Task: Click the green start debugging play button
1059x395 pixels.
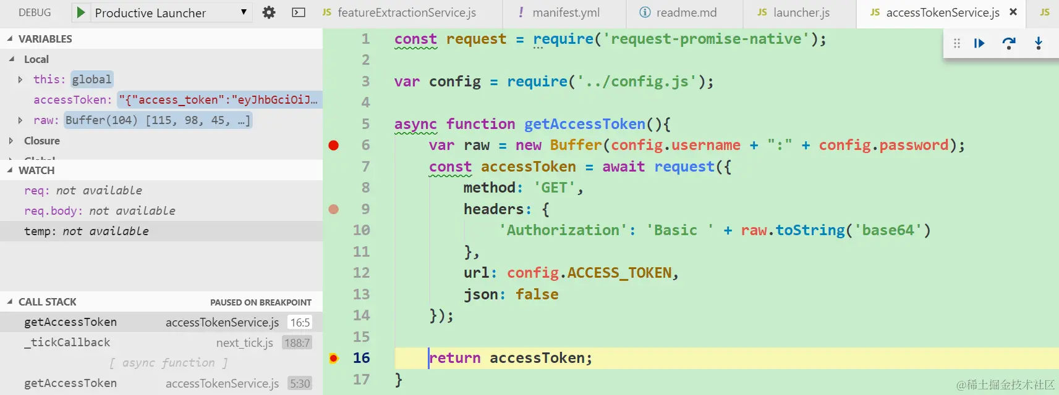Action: point(80,12)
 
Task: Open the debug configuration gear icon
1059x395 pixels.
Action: point(269,12)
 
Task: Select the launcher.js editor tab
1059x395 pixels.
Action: point(794,12)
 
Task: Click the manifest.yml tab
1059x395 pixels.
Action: point(559,12)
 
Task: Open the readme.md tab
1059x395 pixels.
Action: point(678,12)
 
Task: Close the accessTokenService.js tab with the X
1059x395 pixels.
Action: point(1013,12)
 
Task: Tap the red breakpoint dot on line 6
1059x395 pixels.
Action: point(334,145)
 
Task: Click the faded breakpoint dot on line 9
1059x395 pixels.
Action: point(334,209)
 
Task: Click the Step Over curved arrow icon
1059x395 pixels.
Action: point(1009,43)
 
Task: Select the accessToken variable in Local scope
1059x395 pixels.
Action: point(72,100)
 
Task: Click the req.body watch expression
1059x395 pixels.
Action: point(100,211)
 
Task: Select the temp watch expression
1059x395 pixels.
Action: point(87,231)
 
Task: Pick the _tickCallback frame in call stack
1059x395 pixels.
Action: point(67,343)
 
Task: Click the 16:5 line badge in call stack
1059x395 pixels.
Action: point(300,323)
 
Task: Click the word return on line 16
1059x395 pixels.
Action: point(455,358)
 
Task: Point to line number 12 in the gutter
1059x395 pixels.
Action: point(361,273)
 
